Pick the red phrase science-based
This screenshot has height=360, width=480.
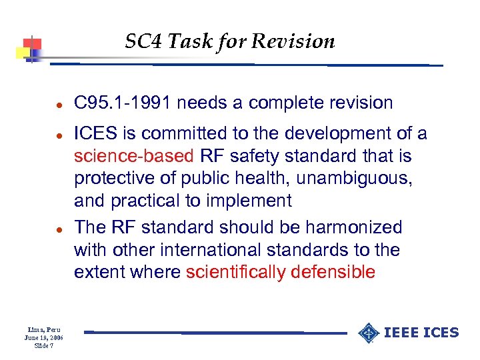133,157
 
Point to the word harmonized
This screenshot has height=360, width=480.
354,227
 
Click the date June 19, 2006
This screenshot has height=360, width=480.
43,338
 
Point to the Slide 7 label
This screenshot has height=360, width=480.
43,345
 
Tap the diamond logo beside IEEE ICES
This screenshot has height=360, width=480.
369,332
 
